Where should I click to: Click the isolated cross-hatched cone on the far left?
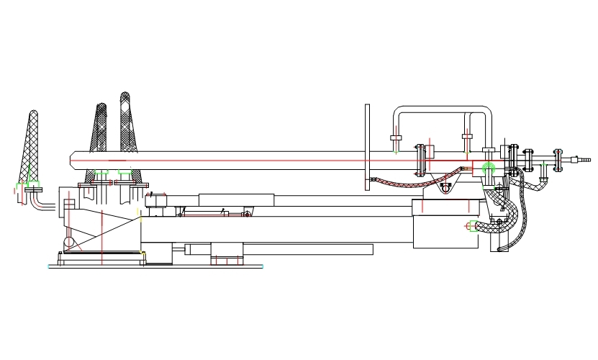click(32, 144)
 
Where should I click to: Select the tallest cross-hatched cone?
click(126, 126)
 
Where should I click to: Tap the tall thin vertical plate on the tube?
click(367, 148)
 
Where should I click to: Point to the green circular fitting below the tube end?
click(489, 168)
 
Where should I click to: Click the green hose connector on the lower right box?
click(470, 228)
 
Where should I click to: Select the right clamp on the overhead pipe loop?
click(467, 137)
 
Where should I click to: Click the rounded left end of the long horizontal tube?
click(73, 160)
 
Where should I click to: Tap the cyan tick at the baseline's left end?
click(49, 266)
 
